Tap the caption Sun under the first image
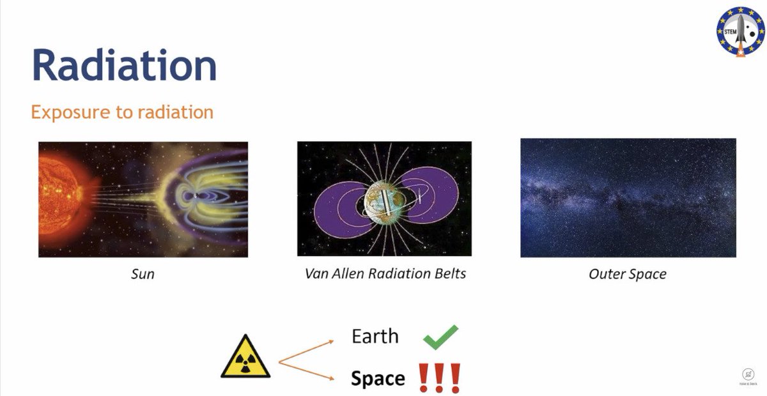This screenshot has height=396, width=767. pos(143,275)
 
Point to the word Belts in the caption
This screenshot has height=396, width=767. pos(447,273)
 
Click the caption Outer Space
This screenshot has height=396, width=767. pos(627,274)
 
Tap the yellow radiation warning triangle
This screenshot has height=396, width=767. pos(245,358)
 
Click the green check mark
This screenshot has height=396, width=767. pos(441,337)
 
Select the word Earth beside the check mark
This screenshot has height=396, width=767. pos(375,337)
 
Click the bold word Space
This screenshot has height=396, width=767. pos(378,379)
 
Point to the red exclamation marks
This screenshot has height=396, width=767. pos(439,378)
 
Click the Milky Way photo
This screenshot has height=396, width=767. pos(628,198)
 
